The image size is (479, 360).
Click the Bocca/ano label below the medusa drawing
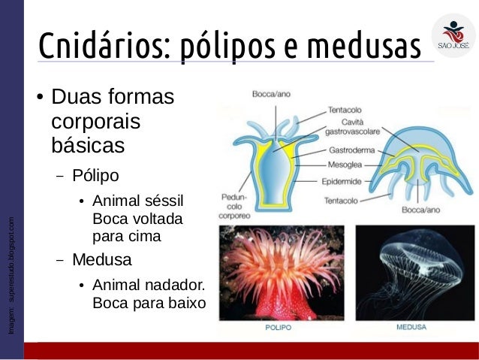[x=421, y=210]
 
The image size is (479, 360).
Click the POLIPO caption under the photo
[x=279, y=328]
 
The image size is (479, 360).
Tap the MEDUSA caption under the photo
[x=411, y=328]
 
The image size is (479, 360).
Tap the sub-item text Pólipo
[x=95, y=176]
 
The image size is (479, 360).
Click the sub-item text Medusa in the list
[x=101, y=261]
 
